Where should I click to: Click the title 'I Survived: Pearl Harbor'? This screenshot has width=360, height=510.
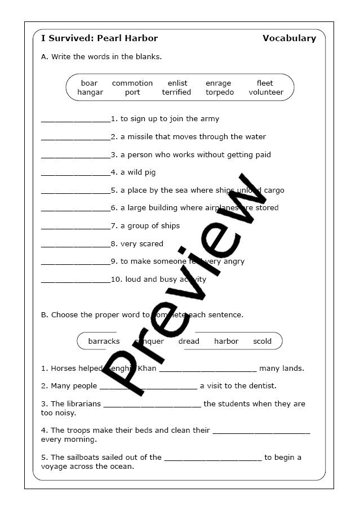[x=99, y=38]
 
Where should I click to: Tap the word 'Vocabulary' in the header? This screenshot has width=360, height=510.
[x=289, y=38]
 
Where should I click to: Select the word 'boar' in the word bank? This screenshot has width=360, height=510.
[x=89, y=83]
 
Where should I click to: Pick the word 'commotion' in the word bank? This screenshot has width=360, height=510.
[x=132, y=83]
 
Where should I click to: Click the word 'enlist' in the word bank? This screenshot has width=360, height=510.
[x=177, y=83]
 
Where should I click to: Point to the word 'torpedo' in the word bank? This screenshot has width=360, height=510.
[x=220, y=92]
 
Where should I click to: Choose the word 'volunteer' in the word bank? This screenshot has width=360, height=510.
[x=266, y=92]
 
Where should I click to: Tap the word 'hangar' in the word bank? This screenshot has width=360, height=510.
[x=90, y=92]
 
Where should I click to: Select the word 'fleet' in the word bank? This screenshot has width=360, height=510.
[x=265, y=83]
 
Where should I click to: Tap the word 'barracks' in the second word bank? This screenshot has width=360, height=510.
[x=104, y=342]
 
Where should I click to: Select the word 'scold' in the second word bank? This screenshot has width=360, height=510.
[x=262, y=342]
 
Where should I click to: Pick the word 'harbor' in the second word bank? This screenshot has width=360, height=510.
[x=226, y=342]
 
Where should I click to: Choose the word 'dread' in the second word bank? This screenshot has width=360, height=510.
[x=189, y=342]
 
